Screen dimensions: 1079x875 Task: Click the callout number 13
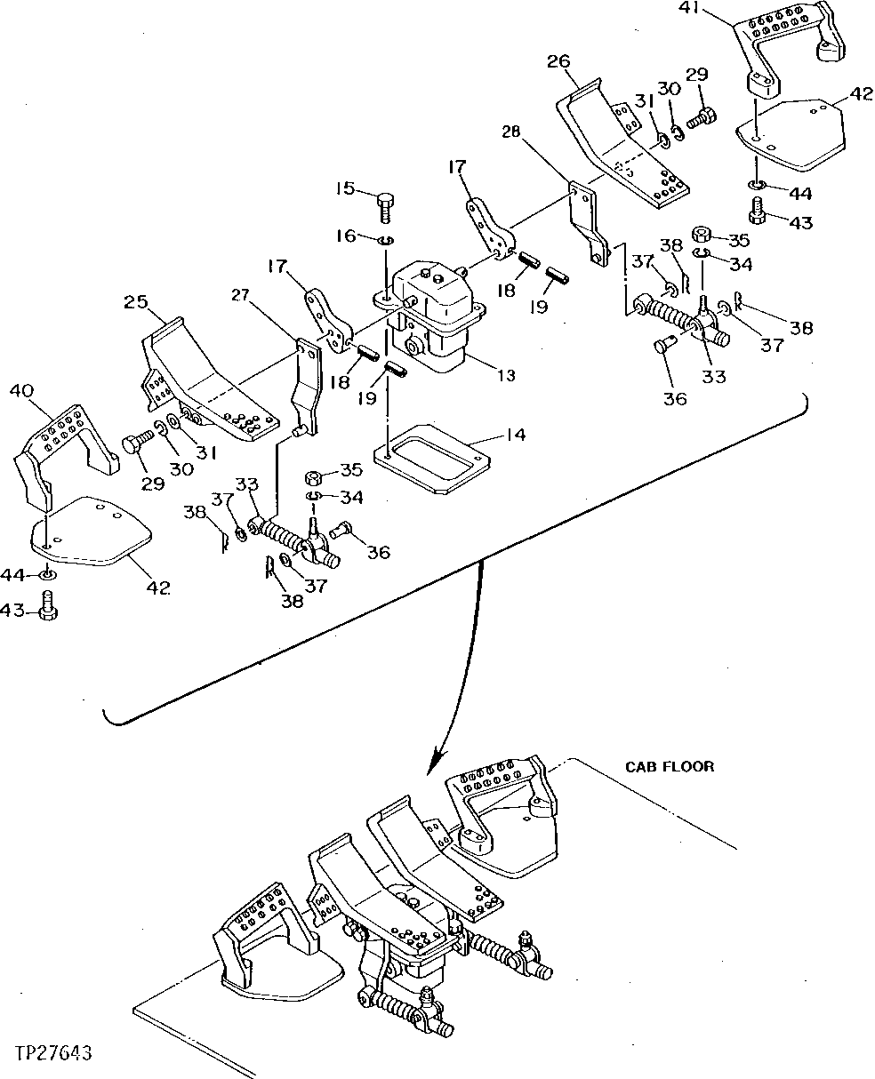point(505,376)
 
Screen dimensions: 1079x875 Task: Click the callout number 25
point(135,303)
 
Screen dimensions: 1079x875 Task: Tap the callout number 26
point(559,61)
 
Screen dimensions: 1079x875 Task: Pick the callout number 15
point(345,188)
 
